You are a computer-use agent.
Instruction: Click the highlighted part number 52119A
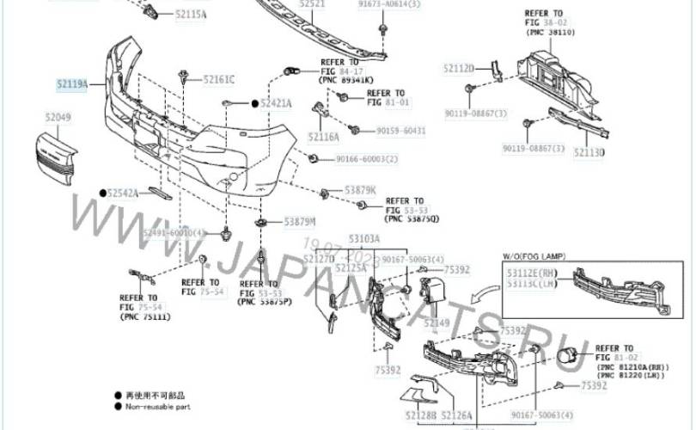(x=72, y=83)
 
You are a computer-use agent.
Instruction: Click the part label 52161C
(x=219, y=80)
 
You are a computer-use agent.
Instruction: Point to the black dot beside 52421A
(x=254, y=103)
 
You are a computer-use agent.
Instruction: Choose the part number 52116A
(x=322, y=136)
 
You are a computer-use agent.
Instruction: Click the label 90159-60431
(x=400, y=131)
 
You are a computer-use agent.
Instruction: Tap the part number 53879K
(x=361, y=189)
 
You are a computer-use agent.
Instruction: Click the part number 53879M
(x=300, y=222)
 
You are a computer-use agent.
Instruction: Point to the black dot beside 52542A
(x=102, y=193)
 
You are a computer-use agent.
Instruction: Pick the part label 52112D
(x=459, y=68)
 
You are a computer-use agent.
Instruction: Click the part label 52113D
(x=589, y=152)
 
